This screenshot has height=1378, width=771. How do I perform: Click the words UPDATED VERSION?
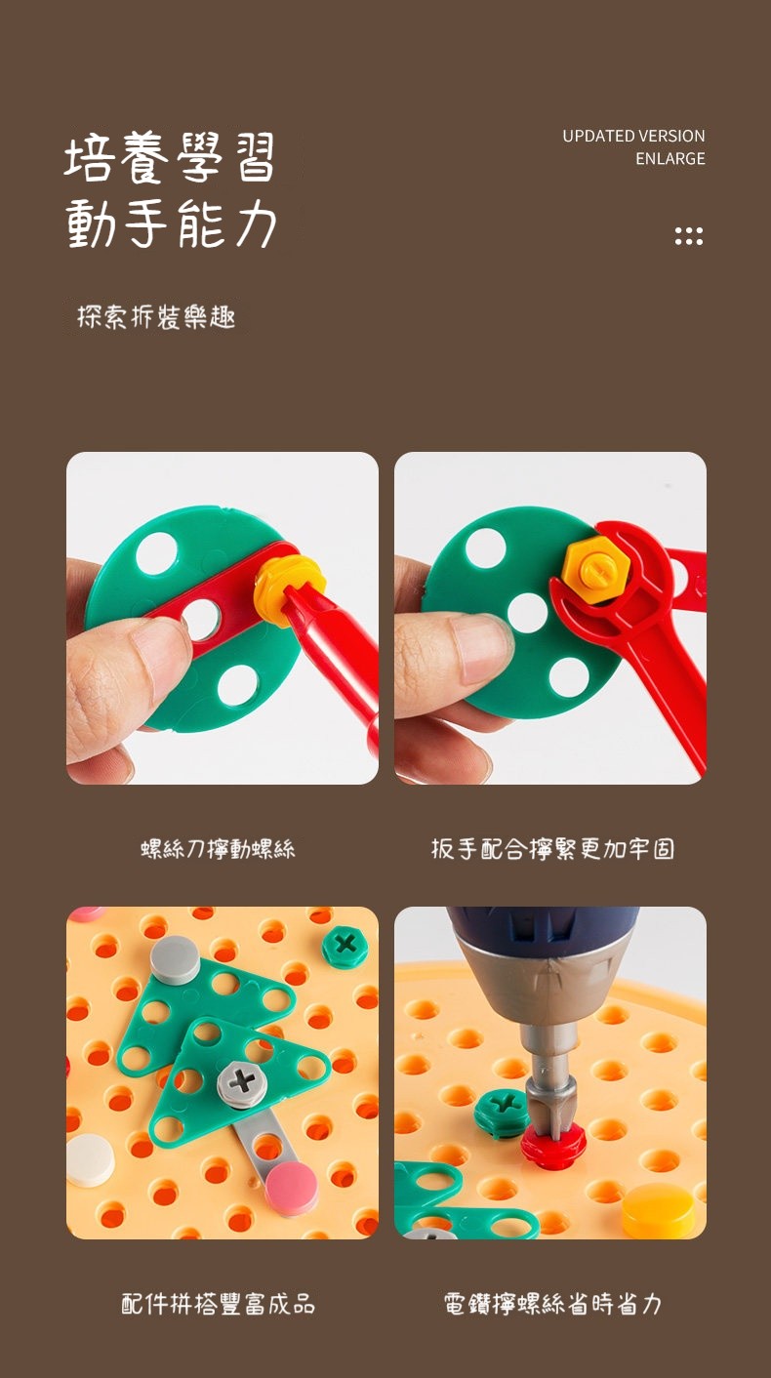click(633, 136)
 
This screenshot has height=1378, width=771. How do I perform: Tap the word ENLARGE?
click(670, 159)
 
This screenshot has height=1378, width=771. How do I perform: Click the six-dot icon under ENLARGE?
click(689, 236)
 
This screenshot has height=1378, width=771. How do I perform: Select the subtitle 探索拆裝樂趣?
click(156, 317)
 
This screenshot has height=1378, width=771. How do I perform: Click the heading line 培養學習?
click(170, 158)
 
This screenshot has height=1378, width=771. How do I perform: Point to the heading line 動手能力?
click(171, 223)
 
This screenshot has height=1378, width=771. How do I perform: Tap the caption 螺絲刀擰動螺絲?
click(218, 849)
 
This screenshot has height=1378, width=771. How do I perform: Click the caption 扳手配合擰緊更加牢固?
click(552, 849)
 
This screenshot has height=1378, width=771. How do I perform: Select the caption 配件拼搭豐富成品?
click(218, 1304)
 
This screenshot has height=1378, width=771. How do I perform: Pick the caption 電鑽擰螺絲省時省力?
click(552, 1304)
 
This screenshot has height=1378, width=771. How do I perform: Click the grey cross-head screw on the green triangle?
click(242, 1081)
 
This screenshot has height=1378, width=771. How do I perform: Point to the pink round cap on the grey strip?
click(291, 1189)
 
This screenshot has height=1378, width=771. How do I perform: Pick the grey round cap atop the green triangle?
click(175, 959)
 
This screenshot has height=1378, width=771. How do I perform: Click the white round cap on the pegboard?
click(91, 1159)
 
